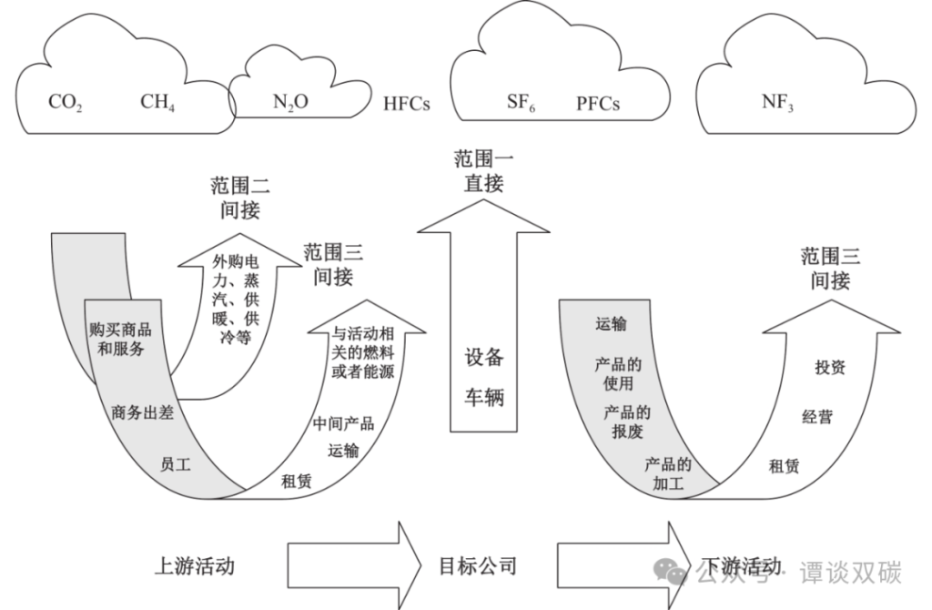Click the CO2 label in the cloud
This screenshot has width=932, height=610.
point(65,102)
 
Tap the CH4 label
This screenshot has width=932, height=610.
point(157,102)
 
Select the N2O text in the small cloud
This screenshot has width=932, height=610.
point(290,102)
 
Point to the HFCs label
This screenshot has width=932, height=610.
point(406,104)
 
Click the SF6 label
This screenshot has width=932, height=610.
point(520,102)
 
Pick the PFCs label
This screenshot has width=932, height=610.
point(598,104)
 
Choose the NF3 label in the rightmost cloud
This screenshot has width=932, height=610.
point(777,102)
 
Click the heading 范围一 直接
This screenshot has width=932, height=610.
point(483,171)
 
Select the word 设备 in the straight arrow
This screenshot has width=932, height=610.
point(483,357)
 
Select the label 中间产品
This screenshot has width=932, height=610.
point(343,423)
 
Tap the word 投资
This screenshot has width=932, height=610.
point(829,367)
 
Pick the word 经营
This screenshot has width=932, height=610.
point(816,418)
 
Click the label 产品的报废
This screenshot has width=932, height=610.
point(626,421)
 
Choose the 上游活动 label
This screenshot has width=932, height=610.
point(194,565)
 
